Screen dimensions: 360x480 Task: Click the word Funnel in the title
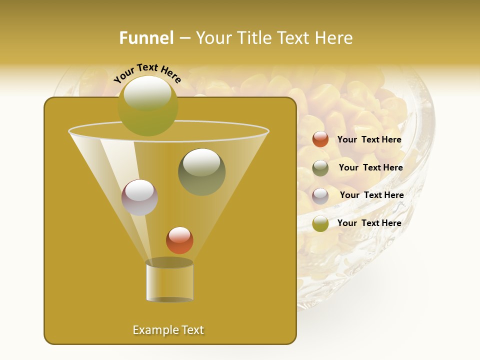[146, 38]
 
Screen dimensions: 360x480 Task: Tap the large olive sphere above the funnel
[148, 106]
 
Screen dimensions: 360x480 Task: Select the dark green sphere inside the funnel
[201, 172]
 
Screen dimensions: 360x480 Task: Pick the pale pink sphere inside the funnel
[139, 197]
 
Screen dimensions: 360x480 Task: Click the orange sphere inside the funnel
[179, 240]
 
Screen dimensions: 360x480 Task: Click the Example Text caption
[168, 330]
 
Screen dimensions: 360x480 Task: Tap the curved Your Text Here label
[147, 73]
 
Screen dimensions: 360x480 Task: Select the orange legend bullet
[320, 139]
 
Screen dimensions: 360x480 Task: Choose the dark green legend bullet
[320, 168]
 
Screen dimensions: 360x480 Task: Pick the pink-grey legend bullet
[320, 196]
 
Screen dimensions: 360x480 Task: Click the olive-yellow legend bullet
[320, 223]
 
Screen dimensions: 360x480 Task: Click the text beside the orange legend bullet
[369, 140]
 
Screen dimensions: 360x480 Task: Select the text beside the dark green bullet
[370, 168]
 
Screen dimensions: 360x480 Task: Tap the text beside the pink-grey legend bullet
[371, 195]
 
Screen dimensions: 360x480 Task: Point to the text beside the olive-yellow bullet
[369, 223]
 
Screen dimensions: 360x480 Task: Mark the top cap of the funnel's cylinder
[169, 263]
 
